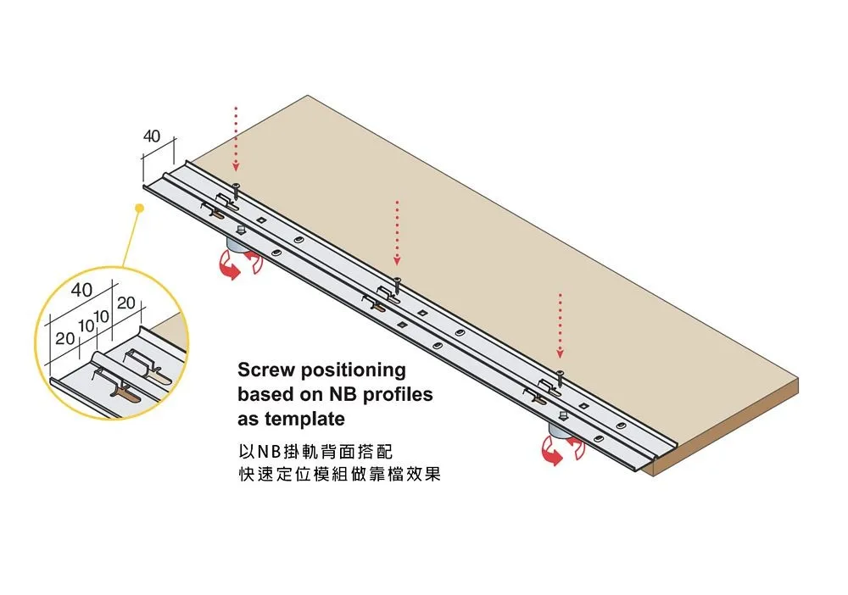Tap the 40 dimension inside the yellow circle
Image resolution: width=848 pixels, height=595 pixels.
click(81, 290)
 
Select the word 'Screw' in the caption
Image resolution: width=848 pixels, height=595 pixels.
click(265, 370)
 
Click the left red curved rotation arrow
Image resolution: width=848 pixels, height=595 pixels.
click(227, 269)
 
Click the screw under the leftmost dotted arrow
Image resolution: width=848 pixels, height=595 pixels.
click(237, 190)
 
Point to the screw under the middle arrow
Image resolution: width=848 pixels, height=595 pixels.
click(397, 283)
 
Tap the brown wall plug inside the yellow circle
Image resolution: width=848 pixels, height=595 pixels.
click(127, 394)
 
